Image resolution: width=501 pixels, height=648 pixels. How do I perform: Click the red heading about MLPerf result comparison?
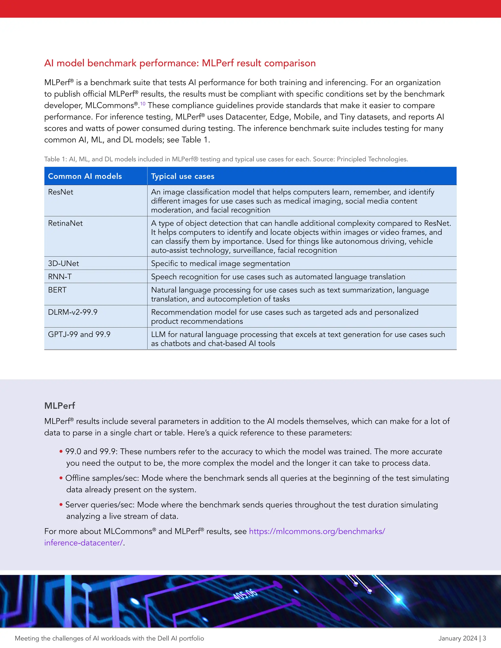click(x=180, y=63)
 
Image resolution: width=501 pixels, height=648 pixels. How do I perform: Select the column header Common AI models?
click(x=85, y=176)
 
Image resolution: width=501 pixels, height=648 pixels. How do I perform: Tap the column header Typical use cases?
click(x=182, y=176)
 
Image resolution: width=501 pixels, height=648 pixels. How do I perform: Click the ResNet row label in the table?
click(x=61, y=192)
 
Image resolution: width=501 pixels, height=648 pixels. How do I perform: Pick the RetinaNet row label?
click(x=65, y=223)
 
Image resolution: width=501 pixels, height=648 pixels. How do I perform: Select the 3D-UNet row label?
click(x=64, y=263)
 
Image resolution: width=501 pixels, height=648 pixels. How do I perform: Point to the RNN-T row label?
click(x=60, y=277)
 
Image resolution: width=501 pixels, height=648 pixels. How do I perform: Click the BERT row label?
click(x=57, y=290)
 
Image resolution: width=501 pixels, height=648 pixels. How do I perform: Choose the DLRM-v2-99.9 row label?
click(x=73, y=312)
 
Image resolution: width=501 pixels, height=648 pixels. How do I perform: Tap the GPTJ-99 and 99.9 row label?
click(x=79, y=334)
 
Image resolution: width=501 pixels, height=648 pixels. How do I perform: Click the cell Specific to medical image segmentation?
click(x=220, y=263)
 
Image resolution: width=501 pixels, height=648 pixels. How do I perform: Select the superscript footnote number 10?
click(x=143, y=103)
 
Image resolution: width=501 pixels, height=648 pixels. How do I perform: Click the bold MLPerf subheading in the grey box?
click(x=59, y=406)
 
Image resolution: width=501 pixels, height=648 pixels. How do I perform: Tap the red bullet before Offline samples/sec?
click(x=61, y=478)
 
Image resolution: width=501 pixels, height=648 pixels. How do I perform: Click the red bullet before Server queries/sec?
click(x=61, y=505)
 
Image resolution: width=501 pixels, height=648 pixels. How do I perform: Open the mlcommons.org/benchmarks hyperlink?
click(x=317, y=531)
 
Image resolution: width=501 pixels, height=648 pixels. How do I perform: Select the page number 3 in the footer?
click(x=484, y=638)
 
